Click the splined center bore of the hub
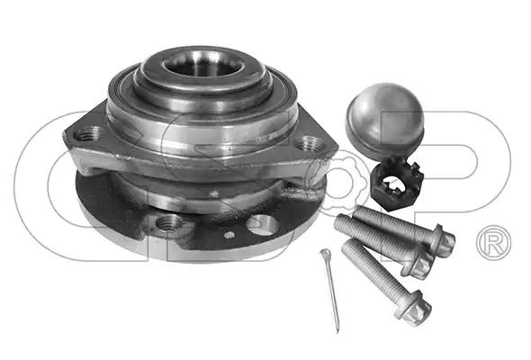[202, 65]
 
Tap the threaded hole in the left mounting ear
[89, 133]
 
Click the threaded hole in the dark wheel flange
[169, 223]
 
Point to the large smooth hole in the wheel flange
[263, 224]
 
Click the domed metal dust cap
[384, 121]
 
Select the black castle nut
[397, 183]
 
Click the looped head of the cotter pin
[326, 253]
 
